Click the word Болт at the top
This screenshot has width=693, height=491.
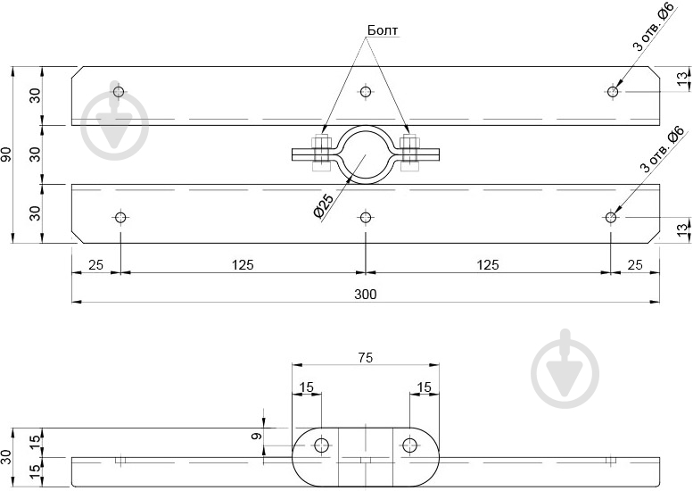click(x=383, y=30)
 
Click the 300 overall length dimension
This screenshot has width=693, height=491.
click(x=366, y=295)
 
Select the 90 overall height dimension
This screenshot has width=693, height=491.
click(x=6, y=154)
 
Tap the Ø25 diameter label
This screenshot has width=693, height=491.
click(x=323, y=206)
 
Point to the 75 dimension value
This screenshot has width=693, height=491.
click(x=366, y=357)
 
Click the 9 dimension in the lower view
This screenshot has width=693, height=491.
click(x=256, y=437)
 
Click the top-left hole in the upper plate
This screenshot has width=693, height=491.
click(x=119, y=92)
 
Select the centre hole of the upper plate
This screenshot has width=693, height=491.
click(x=365, y=92)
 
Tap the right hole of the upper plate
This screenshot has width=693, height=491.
click(x=613, y=92)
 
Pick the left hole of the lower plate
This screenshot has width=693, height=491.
click(x=120, y=218)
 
